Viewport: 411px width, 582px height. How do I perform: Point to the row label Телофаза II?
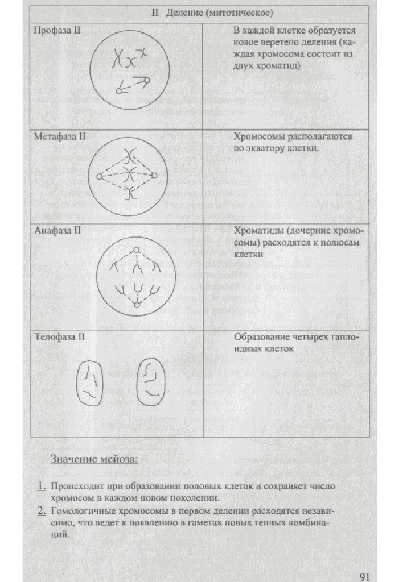(x=59, y=336)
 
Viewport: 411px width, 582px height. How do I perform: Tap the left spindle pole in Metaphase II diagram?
(x=98, y=176)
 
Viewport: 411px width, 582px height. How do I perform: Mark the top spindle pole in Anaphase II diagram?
(x=136, y=251)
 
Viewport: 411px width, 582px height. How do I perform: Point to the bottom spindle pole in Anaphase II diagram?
(x=136, y=306)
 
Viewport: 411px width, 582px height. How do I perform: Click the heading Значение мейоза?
(x=94, y=458)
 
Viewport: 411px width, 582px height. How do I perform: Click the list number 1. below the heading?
(x=42, y=487)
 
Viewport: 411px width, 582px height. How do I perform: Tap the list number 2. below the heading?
(x=42, y=511)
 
